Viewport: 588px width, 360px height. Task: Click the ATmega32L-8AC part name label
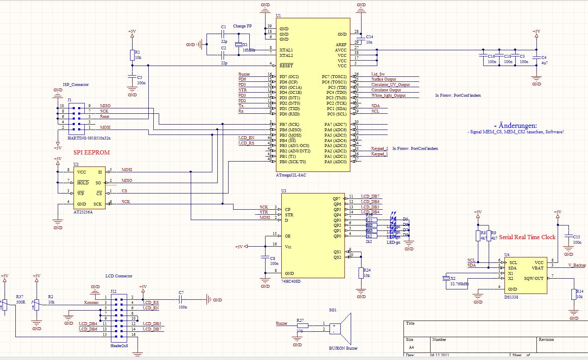[x=291, y=175]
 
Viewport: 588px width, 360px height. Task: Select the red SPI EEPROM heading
[x=91, y=152]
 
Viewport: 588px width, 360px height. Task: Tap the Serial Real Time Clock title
[x=527, y=237]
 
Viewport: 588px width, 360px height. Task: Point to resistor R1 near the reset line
[x=132, y=55]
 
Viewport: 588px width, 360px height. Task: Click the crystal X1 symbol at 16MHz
[x=239, y=45]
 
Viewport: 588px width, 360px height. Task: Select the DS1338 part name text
[x=511, y=297]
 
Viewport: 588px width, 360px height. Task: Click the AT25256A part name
[x=84, y=212]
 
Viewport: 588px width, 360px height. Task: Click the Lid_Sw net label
[x=378, y=74]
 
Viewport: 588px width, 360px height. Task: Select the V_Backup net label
[x=577, y=265]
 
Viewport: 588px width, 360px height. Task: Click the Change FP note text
[x=242, y=26]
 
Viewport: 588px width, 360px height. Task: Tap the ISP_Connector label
[x=76, y=84]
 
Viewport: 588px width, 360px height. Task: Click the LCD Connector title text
[x=119, y=276]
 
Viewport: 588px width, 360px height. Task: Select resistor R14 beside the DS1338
[x=574, y=294]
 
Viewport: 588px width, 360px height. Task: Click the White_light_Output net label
[x=388, y=96]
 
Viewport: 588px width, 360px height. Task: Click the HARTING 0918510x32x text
[x=89, y=138]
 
